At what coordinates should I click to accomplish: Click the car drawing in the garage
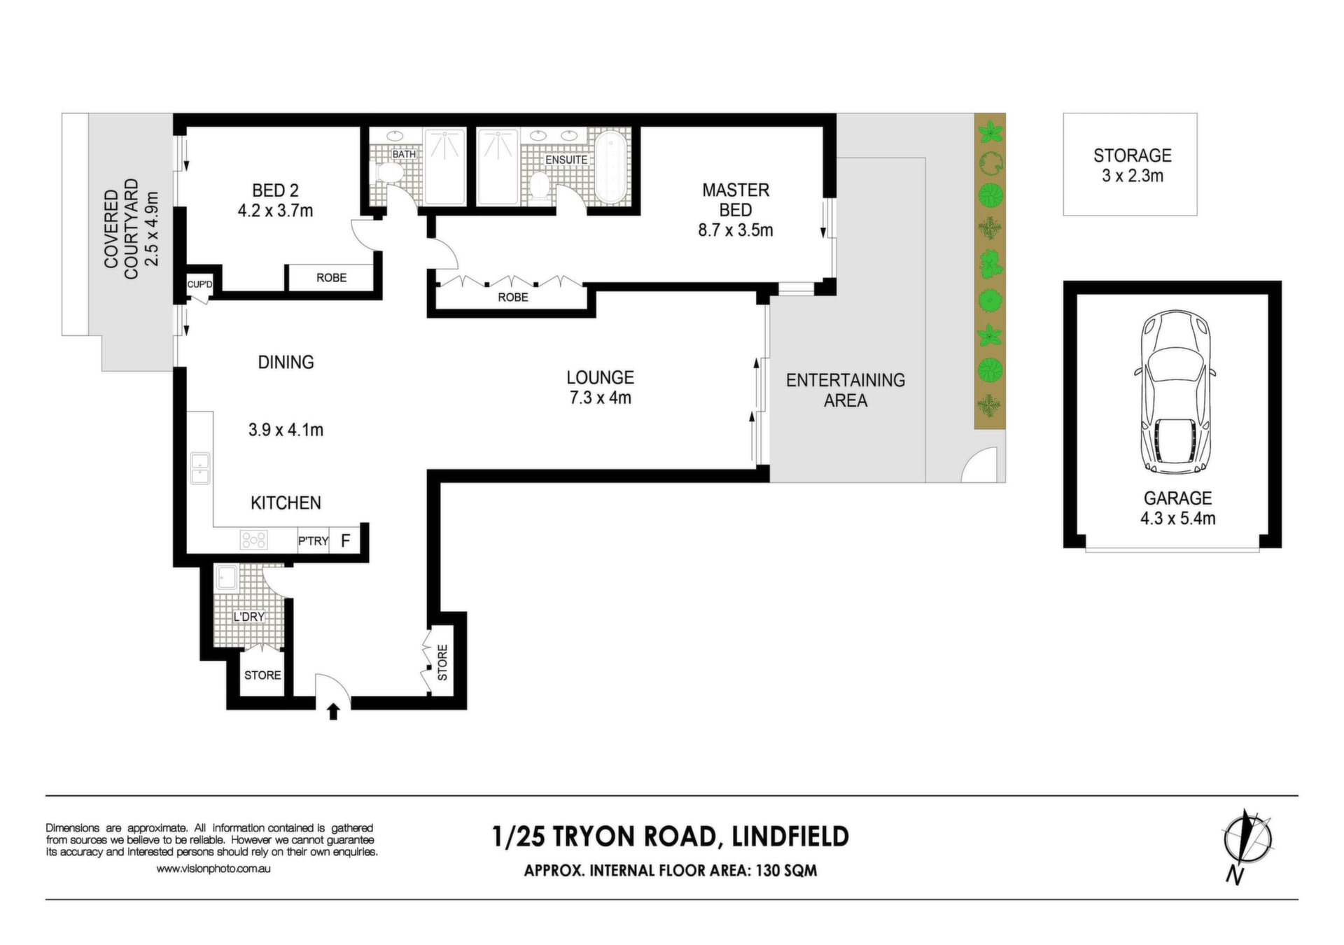pos(1175,392)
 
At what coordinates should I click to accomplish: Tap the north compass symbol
pos(1247,846)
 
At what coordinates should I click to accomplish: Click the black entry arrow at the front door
pos(334,712)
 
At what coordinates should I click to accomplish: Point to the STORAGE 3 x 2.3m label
pos(1133,165)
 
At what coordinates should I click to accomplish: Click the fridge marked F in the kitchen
pos(345,540)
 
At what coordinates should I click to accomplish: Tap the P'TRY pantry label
pos(313,541)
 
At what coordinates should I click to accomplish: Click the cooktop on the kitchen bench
pos(253,540)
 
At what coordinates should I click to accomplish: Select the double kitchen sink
pos(201,469)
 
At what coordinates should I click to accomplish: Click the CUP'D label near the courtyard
pos(199,284)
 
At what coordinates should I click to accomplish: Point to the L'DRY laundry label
pos(249,617)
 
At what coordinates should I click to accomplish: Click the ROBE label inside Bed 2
pos(331,278)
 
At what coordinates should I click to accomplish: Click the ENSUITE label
pos(566,160)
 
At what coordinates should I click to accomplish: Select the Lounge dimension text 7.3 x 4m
pos(599,398)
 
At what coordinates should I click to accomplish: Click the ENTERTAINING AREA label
pos(846,390)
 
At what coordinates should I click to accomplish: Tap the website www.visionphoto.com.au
pos(213,869)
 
